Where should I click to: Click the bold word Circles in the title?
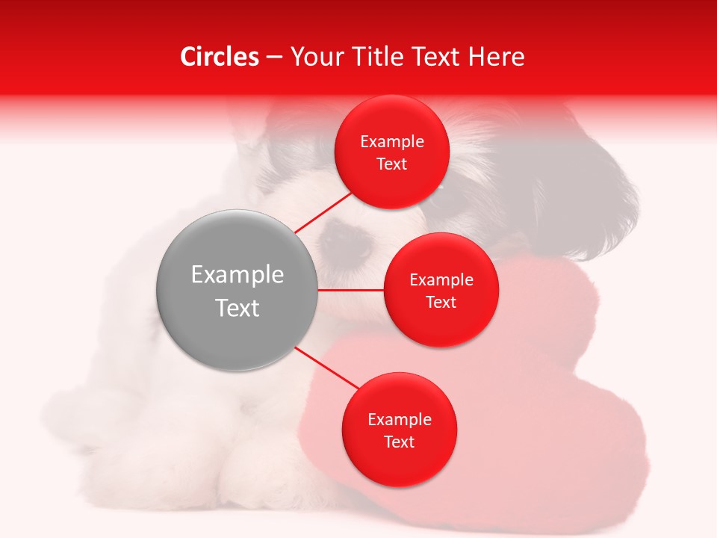coord(219,57)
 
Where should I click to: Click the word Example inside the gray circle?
coord(238,275)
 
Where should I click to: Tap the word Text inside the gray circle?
coord(238,308)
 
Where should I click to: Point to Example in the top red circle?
coord(392,142)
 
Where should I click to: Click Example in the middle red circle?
coord(441,280)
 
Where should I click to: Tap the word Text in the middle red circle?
coord(441,303)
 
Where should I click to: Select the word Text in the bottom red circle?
coord(399,442)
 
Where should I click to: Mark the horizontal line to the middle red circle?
coord(350,290)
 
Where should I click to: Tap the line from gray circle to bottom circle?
coord(327,368)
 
